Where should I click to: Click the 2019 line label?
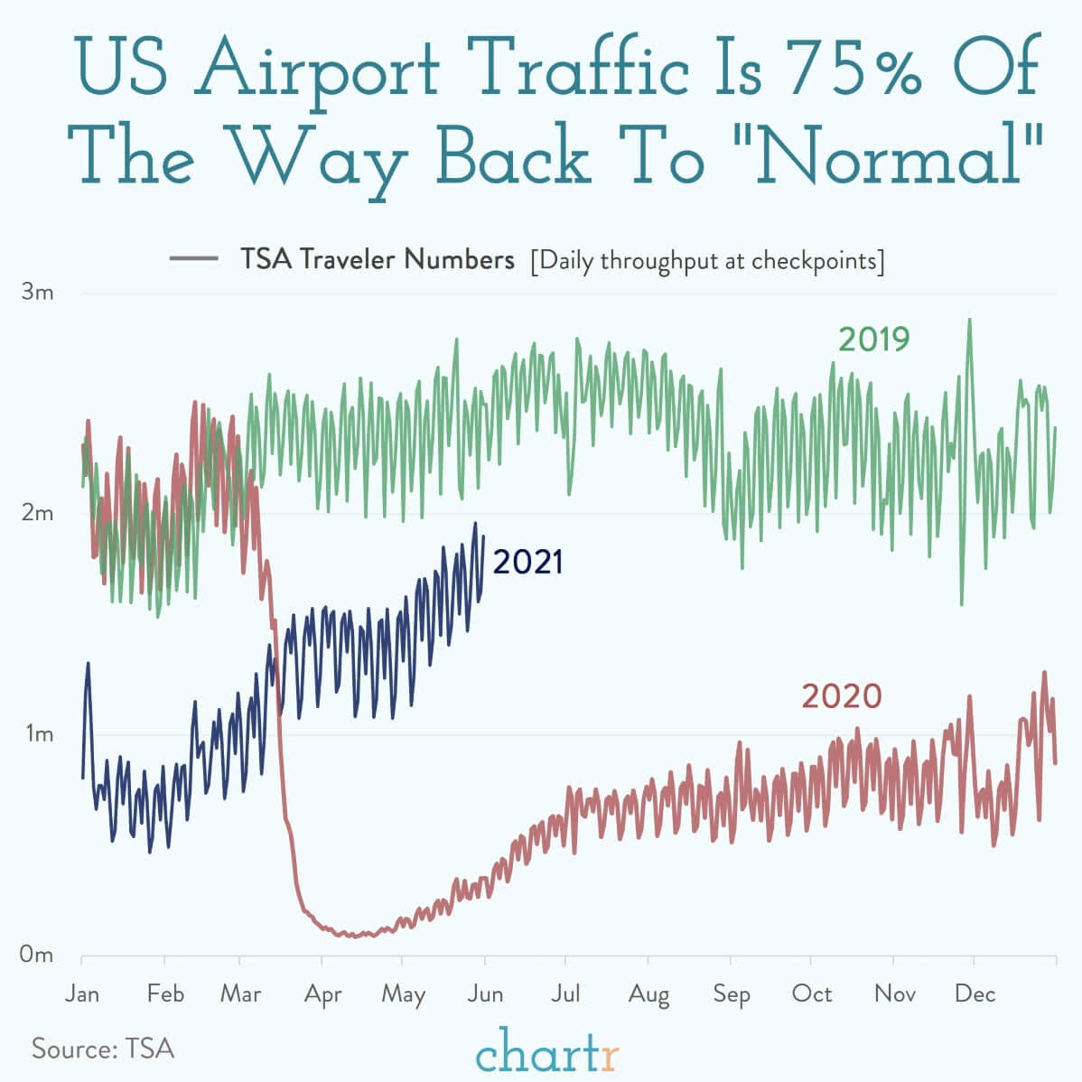click(873, 340)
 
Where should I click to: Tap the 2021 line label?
click(528, 562)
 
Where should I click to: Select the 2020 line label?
click(841, 696)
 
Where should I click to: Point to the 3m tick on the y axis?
click(38, 293)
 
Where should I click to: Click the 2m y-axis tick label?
click(38, 513)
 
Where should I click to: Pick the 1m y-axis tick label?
click(38, 733)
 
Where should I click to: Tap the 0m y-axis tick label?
click(38, 954)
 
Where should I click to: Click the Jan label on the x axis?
click(82, 993)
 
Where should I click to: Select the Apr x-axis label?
click(323, 994)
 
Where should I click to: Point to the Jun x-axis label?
click(486, 993)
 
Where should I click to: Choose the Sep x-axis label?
click(731, 994)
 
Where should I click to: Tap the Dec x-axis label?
click(975, 993)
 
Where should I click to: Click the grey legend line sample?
click(193, 260)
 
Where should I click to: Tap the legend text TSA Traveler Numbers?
click(377, 260)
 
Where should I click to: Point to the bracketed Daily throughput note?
click(707, 261)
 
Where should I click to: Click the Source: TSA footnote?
click(103, 1049)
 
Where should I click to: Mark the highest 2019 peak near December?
click(970, 320)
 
